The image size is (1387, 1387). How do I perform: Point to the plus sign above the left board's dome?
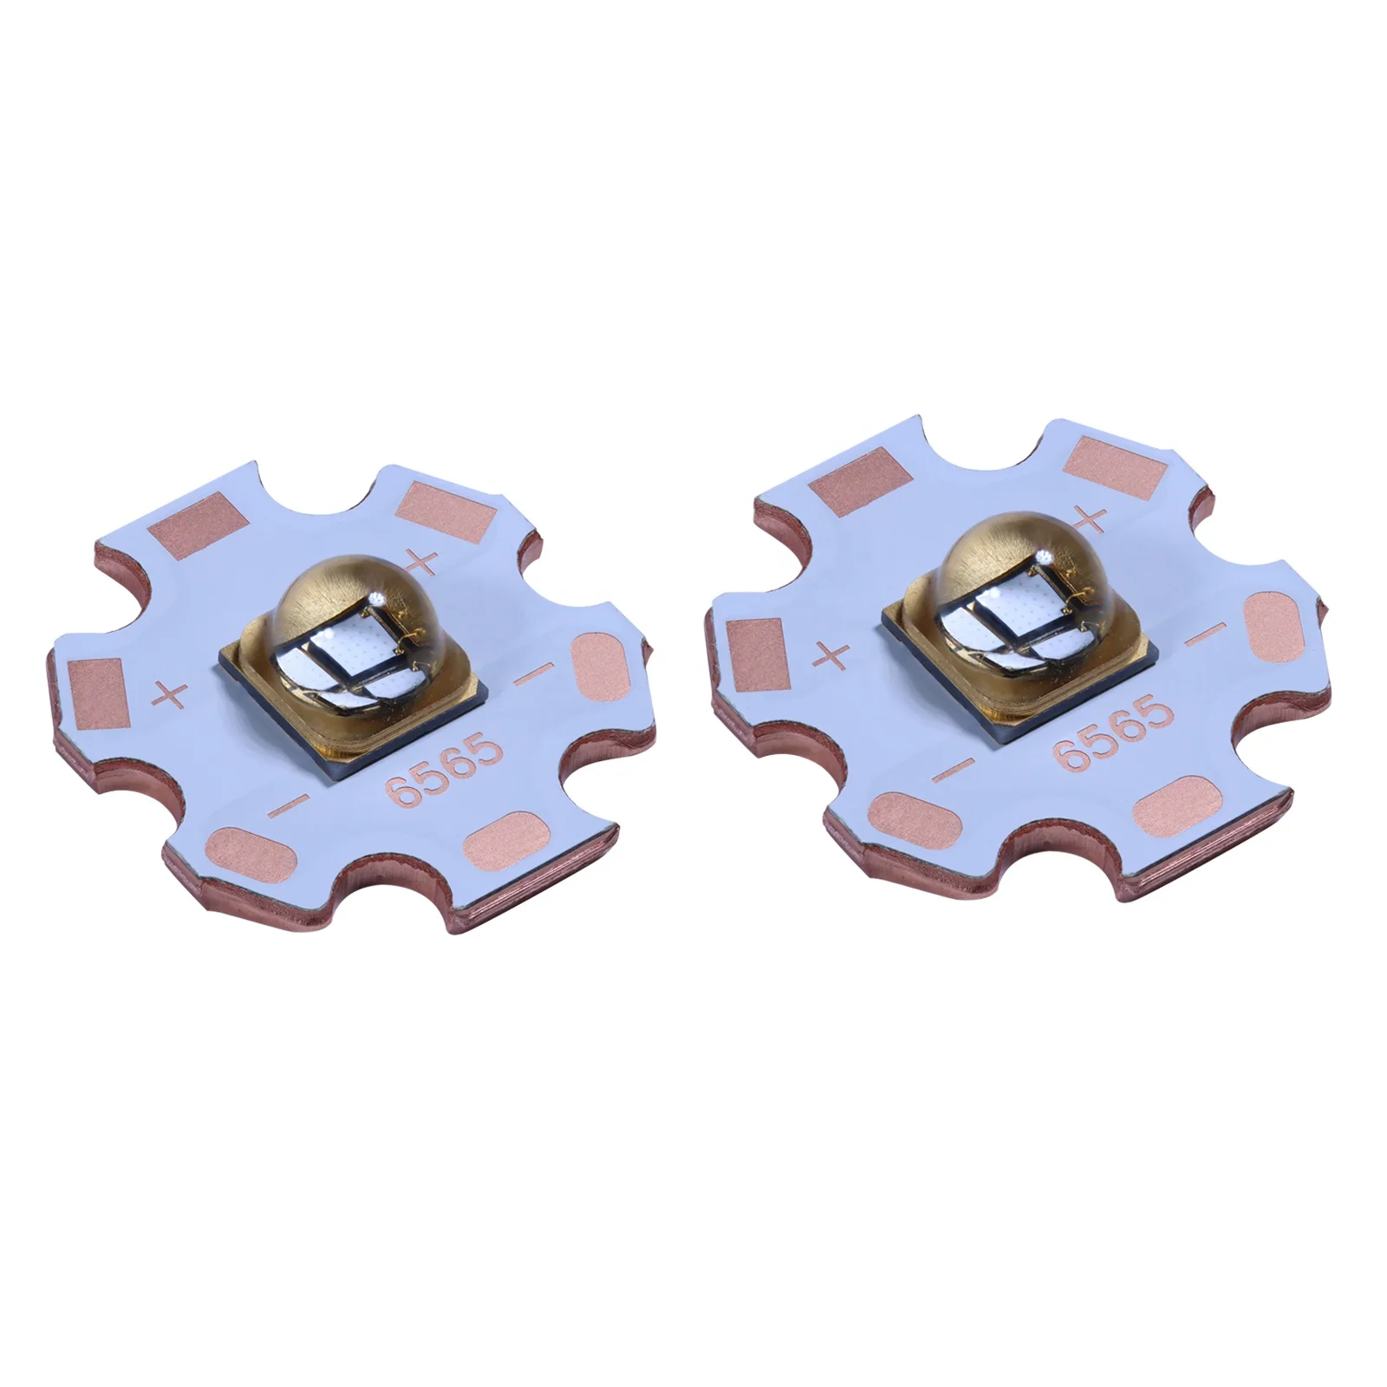pyautogui.click(x=425, y=561)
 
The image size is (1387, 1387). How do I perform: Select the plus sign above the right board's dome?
pyautogui.click(x=1090, y=518)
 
